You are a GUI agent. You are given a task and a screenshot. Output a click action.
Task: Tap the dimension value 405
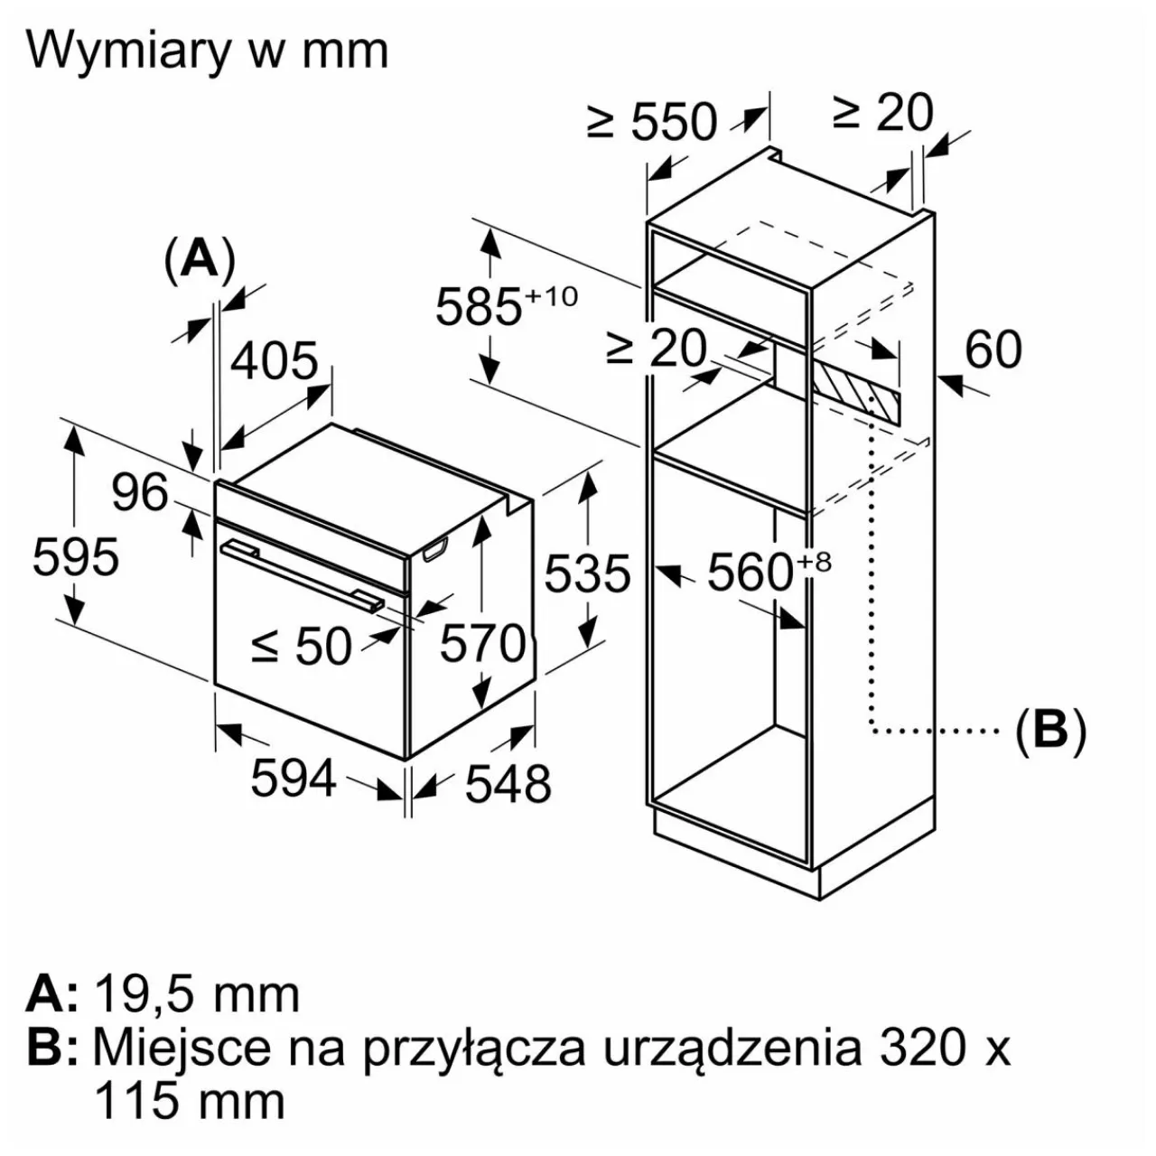click(275, 361)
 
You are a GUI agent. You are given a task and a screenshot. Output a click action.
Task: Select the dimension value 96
click(140, 492)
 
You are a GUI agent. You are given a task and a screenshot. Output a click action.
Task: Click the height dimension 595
click(76, 556)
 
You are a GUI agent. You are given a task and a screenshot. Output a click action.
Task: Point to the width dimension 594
click(294, 778)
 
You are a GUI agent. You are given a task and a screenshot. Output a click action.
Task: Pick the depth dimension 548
click(508, 783)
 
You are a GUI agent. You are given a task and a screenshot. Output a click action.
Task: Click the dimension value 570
click(481, 645)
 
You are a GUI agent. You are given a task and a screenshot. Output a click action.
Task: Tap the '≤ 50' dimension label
click(302, 647)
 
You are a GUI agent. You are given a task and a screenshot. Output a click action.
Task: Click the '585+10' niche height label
click(506, 305)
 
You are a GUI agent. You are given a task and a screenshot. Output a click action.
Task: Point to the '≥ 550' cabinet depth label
click(652, 121)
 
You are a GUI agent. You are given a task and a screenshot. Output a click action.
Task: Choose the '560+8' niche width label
click(768, 572)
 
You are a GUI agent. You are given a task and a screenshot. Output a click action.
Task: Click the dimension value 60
click(993, 349)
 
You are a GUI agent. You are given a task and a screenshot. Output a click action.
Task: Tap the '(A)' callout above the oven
click(200, 259)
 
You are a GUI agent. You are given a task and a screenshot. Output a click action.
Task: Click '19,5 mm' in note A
click(197, 993)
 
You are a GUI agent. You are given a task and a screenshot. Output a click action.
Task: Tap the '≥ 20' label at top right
click(882, 113)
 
